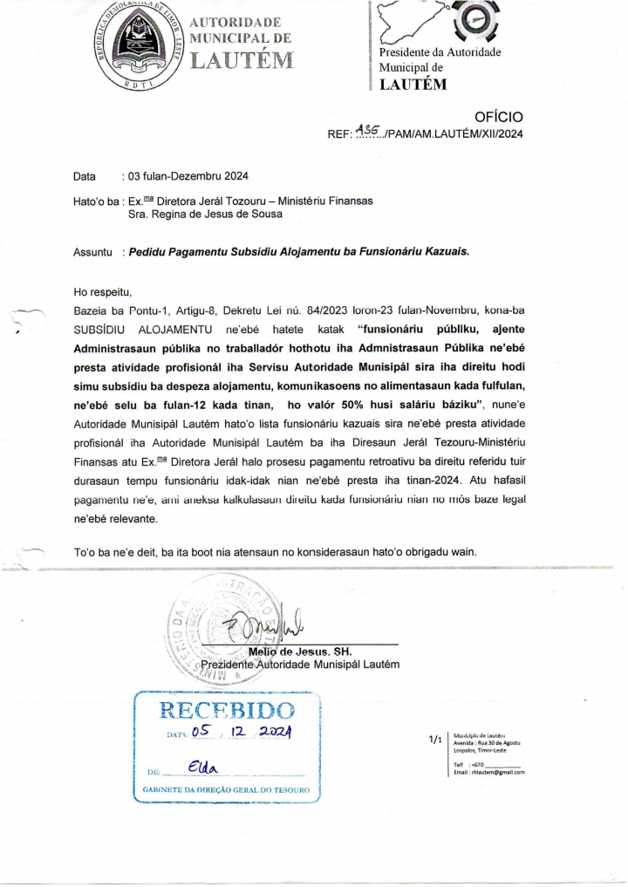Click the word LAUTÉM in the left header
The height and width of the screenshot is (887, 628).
coord(242,60)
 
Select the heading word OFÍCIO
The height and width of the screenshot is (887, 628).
coord(498,117)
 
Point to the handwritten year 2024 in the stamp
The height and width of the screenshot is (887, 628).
coord(276,736)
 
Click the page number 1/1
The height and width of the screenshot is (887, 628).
coord(435,740)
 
